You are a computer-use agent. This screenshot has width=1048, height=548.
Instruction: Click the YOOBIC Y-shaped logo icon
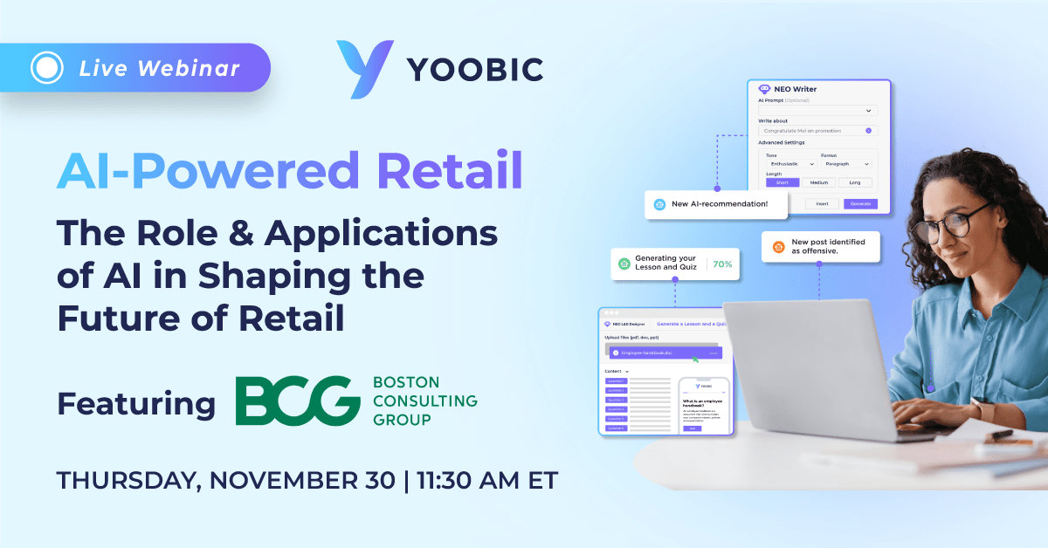(x=360, y=68)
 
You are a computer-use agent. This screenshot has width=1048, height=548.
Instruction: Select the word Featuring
(x=136, y=404)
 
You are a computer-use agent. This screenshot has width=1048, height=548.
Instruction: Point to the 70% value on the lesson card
(x=722, y=263)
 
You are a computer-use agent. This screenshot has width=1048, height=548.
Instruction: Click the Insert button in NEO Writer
(x=821, y=203)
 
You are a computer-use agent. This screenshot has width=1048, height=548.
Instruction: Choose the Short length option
(x=782, y=182)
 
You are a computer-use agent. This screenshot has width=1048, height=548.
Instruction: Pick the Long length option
(x=854, y=182)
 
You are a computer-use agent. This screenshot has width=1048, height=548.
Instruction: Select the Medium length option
(x=818, y=182)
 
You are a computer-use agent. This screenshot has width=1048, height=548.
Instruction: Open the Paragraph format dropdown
(x=845, y=164)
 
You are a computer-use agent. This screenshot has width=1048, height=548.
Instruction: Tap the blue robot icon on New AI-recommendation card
(x=659, y=205)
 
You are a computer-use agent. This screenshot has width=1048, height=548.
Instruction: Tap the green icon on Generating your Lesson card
(x=624, y=263)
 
